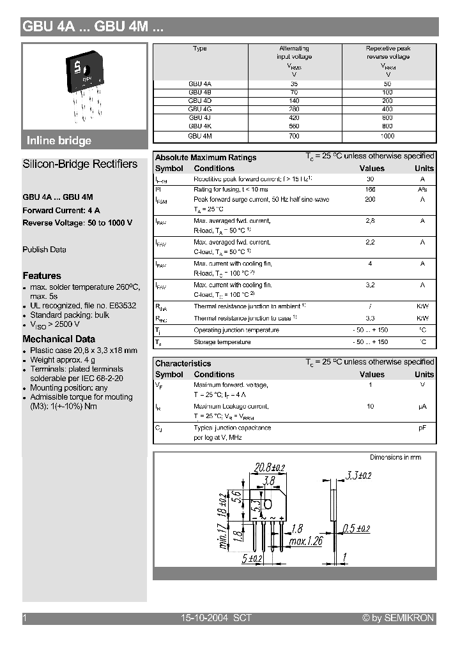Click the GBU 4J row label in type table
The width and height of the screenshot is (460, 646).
pyautogui.click(x=195, y=117)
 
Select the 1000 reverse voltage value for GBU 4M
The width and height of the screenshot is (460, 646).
pyautogui.click(x=388, y=135)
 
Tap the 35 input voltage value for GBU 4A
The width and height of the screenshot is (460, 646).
pyautogui.click(x=294, y=84)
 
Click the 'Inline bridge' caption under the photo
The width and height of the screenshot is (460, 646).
pyautogui.click(x=59, y=141)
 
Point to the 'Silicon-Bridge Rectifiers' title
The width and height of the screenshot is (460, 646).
pyautogui.click(x=80, y=164)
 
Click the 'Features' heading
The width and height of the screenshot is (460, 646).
pyautogui.click(x=42, y=276)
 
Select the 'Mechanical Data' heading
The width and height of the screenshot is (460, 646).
pyautogui.click(x=59, y=339)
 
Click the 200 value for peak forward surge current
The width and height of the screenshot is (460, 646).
pyautogui.click(x=370, y=200)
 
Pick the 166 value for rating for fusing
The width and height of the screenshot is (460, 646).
pyautogui.click(x=370, y=190)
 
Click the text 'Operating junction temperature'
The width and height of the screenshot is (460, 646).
pyautogui.click(x=236, y=330)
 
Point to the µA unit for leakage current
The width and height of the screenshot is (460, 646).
pyautogui.click(x=422, y=407)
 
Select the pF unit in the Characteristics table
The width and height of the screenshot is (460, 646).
pyautogui.click(x=422, y=428)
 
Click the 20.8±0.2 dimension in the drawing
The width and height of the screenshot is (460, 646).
pyautogui.click(x=266, y=467)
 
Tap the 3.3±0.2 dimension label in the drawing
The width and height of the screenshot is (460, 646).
pyautogui.click(x=359, y=475)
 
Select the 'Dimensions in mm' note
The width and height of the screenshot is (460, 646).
pyautogui.click(x=395, y=457)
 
